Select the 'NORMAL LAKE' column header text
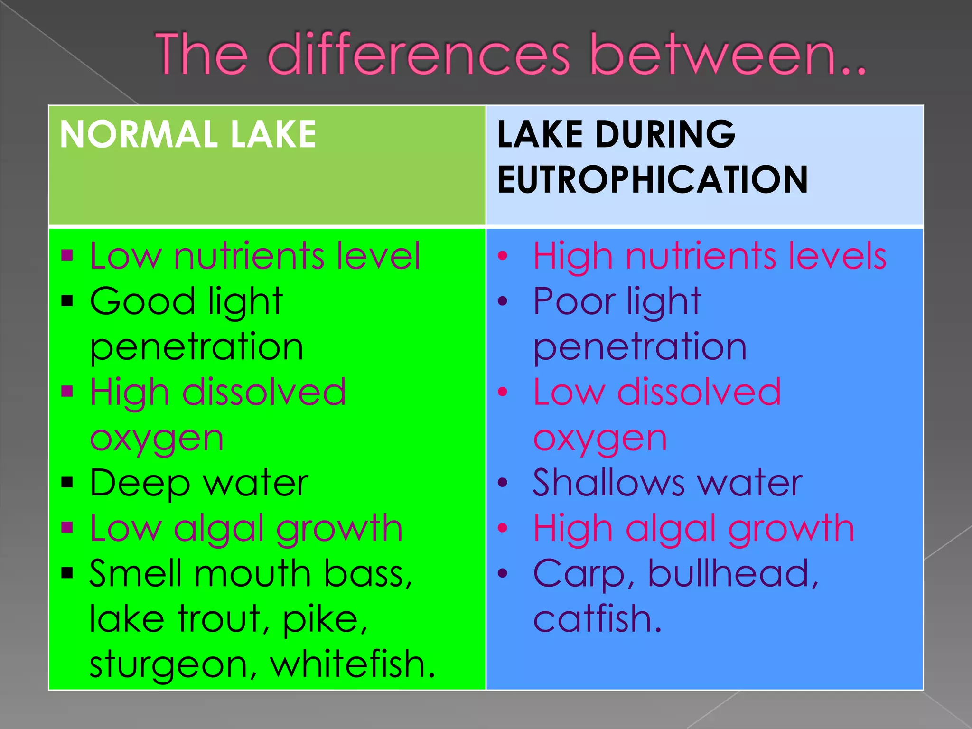tap(188, 134)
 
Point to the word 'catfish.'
tap(598, 619)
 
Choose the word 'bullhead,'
tap(734, 573)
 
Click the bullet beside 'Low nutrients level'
tap(67, 256)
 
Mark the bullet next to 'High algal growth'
tap(503, 528)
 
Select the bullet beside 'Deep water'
tap(67, 483)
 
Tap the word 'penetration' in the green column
tap(196, 348)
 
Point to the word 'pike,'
tap(325, 620)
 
